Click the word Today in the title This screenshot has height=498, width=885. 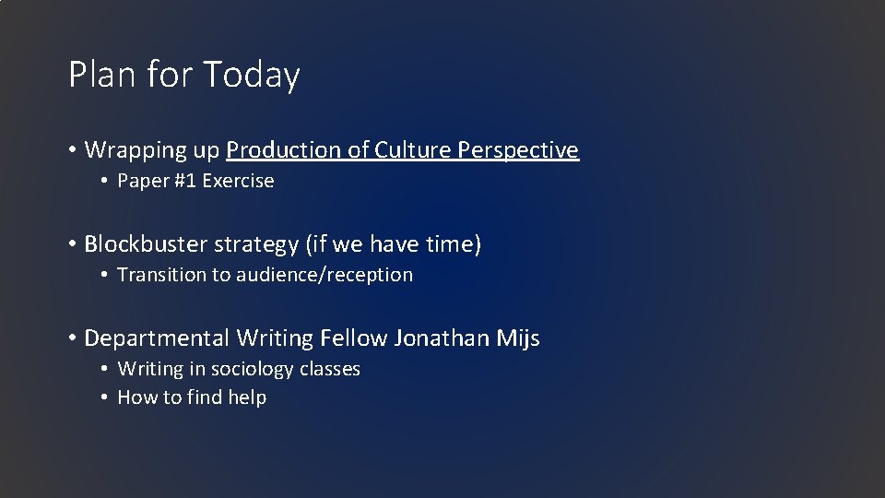tap(252, 76)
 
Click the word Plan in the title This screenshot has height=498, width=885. tap(99, 74)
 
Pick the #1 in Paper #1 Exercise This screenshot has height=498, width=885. tap(184, 181)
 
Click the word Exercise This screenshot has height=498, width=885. tap(238, 181)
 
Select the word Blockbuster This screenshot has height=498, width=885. tap(145, 244)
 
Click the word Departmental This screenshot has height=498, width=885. tap(157, 338)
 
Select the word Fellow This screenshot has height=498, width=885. tap(354, 338)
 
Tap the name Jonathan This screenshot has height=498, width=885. tap(439, 338)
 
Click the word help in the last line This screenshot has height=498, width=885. tap(246, 397)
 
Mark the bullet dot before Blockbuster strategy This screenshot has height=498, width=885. tap(71, 245)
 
